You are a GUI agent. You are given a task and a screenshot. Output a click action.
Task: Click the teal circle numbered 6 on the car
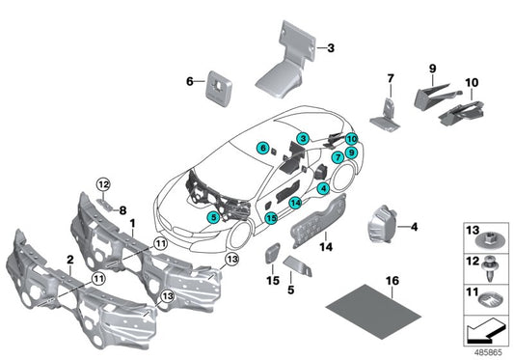pos(261,148)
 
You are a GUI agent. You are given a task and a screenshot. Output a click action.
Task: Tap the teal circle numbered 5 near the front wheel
pos(212,219)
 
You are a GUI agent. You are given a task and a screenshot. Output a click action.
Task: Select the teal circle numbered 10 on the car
pos(351,139)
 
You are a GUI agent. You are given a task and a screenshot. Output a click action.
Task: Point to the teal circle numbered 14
pos(295,202)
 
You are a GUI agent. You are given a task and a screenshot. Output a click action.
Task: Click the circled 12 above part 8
pos(103,183)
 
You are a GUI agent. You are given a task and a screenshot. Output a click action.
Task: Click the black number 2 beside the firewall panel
pos(69,260)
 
